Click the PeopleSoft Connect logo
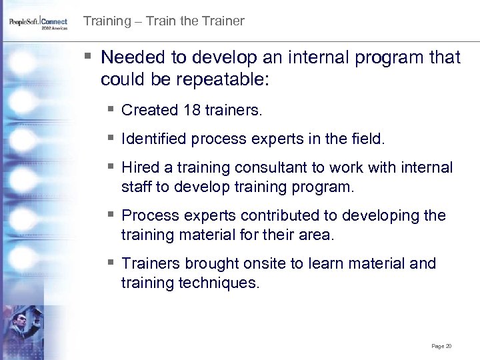pos(38,23)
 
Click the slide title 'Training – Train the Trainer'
pos(163,21)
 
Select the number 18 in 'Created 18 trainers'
pos(192,110)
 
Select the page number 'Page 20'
pos(441,346)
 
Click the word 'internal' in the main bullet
pos(319,58)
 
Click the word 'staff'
pos(136,187)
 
